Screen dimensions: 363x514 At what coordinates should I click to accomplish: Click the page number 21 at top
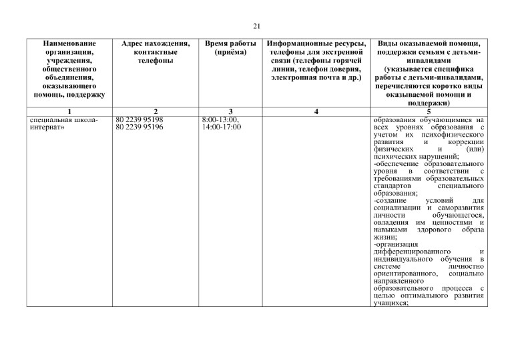tap(256, 26)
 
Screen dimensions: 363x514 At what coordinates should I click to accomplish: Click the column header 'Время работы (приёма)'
tap(230, 48)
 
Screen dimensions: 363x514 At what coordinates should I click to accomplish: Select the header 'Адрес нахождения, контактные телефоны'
tap(155, 52)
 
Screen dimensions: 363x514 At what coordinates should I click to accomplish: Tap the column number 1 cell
tap(70, 111)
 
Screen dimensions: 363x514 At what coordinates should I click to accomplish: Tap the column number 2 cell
tap(155, 111)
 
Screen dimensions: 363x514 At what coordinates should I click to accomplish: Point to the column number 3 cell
tap(230, 111)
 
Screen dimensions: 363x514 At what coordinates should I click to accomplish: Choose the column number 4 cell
tap(314, 111)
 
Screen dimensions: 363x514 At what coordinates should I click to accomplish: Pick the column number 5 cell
tap(429, 111)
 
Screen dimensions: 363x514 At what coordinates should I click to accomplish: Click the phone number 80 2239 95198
tap(140, 119)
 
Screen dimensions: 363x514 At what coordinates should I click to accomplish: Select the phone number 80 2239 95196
tap(140, 127)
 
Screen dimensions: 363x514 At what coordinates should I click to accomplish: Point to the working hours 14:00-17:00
tap(222, 127)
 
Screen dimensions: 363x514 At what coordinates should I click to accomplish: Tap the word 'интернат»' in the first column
tap(45, 127)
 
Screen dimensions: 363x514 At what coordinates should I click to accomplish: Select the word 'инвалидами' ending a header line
tap(429, 61)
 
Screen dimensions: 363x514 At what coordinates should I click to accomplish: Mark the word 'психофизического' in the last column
tap(452, 134)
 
